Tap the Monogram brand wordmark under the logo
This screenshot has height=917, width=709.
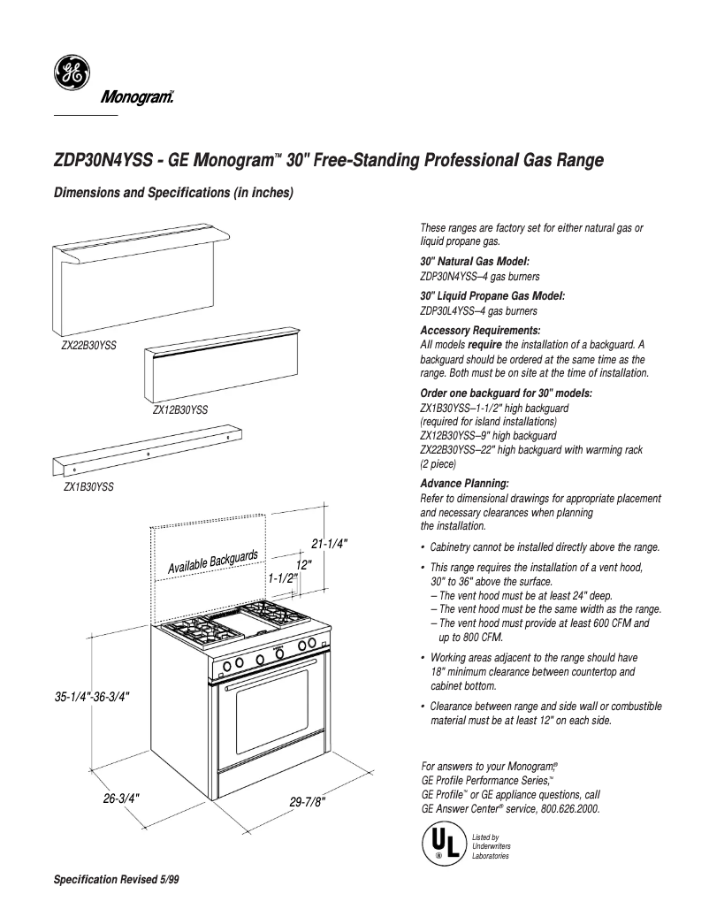pyautogui.click(x=133, y=97)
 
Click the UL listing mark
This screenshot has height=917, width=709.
pyautogui.click(x=442, y=844)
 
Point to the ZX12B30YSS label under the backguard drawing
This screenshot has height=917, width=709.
pyautogui.click(x=179, y=410)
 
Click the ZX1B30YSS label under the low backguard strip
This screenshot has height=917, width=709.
pyautogui.click(x=88, y=486)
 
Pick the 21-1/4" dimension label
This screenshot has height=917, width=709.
pyautogui.click(x=329, y=543)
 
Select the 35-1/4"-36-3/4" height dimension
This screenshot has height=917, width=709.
pyautogui.click(x=93, y=697)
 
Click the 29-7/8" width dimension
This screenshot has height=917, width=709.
pyautogui.click(x=308, y=802)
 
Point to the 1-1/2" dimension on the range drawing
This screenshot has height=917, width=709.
pyautogui.click(x=283, y=577)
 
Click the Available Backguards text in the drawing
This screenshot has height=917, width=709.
pyautogui.click(x=213, y=562)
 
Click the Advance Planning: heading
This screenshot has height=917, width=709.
pyautogui.click(x=464, y=484)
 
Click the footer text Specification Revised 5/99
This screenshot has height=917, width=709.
pyautogui.click(x=117, y=881)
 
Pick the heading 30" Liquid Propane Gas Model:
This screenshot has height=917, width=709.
pyautogui.click(x=492, y=295)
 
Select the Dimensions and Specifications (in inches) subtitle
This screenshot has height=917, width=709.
pyautogui.click(x=173, y=193)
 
